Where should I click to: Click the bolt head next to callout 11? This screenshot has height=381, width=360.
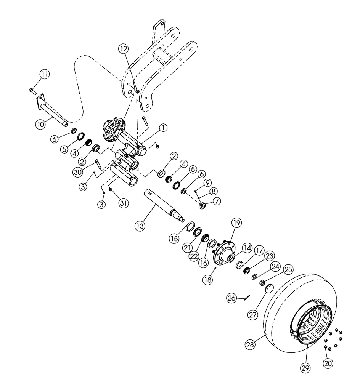(31, 91)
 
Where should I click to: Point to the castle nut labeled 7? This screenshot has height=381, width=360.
(203, 206)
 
